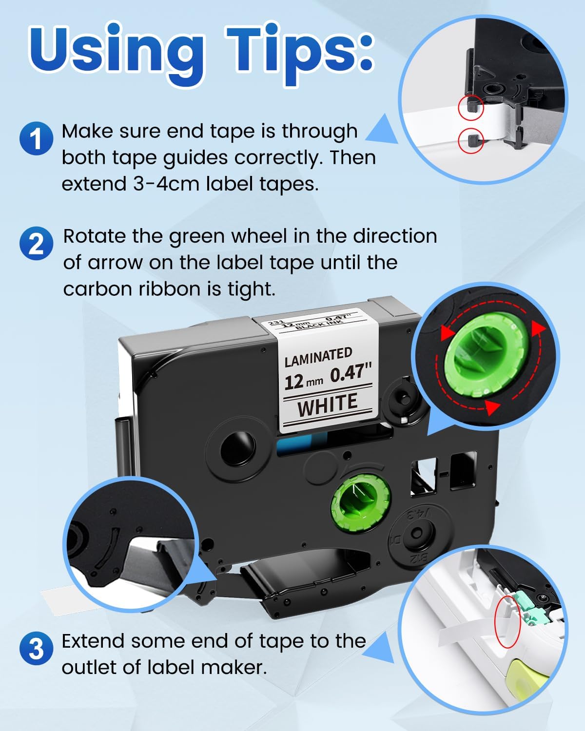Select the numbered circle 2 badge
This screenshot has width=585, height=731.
36,244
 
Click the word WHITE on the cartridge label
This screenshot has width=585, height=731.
328,404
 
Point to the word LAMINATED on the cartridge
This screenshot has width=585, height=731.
318,357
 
